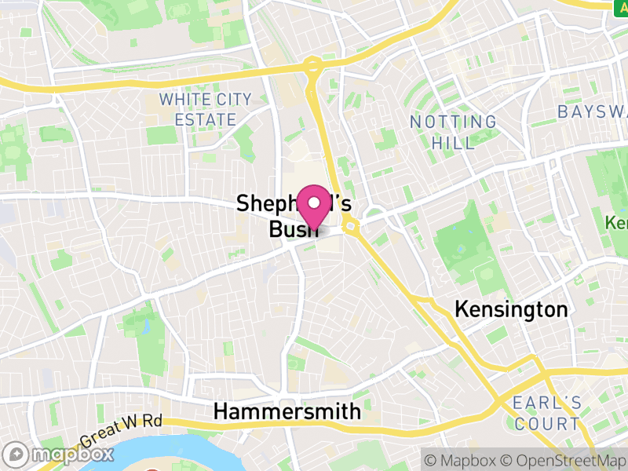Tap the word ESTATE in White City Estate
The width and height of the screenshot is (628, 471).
[206, 120]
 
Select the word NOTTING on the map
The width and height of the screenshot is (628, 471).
[454, 122]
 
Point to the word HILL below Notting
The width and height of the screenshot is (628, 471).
[454, 144]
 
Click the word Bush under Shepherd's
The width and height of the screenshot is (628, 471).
[292, 229]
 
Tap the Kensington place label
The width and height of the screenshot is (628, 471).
[511, 309]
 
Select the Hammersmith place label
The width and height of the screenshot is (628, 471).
[287, 411]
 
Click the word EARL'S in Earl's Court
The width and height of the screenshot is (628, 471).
[547, 403]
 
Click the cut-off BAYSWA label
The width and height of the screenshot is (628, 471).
[593, 111]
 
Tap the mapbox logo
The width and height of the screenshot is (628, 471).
[60, 454]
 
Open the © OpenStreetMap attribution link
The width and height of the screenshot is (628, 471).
[564, 458]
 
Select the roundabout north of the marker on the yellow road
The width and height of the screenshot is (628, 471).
[313, 65]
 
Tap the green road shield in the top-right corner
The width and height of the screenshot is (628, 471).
[620, 5]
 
